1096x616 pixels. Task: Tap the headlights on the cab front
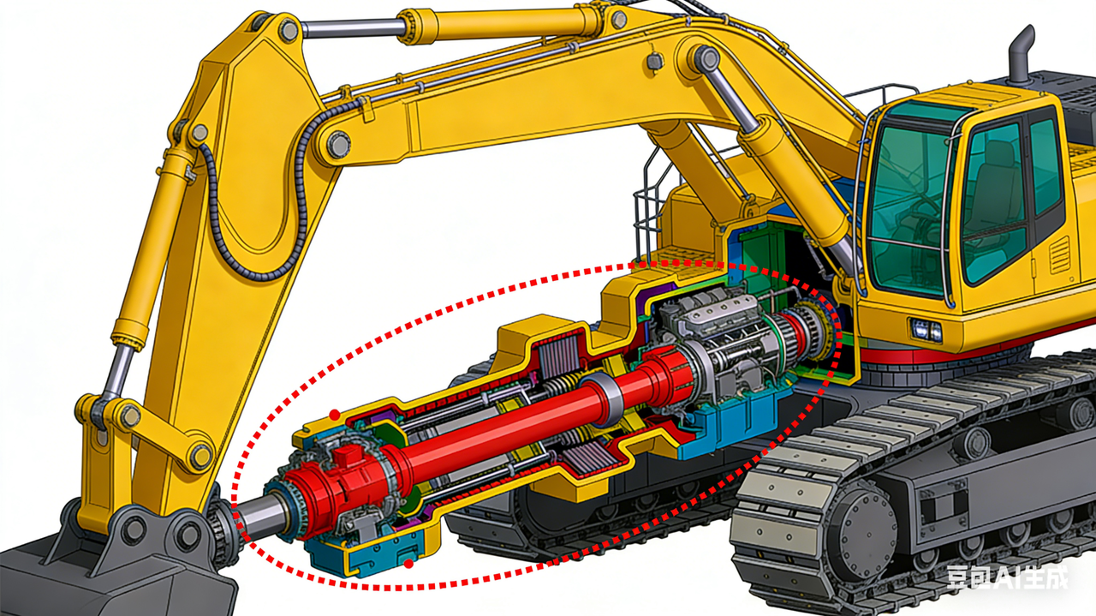[x=926, y=330]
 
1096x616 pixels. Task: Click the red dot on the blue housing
[x=408, y=564]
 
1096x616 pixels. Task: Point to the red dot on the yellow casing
[x=335, y=416]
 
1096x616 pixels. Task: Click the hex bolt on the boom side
[x=656, y=62]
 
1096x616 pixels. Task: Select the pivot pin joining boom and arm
[x=336, y=144]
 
